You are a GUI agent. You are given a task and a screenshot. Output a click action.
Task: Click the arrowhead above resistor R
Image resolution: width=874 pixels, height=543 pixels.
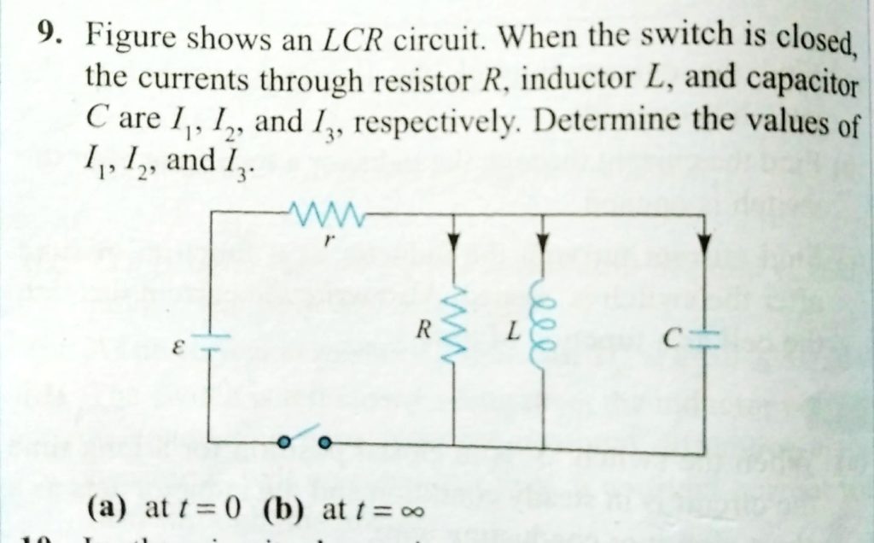pyautogui.click(x=453, y=244)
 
